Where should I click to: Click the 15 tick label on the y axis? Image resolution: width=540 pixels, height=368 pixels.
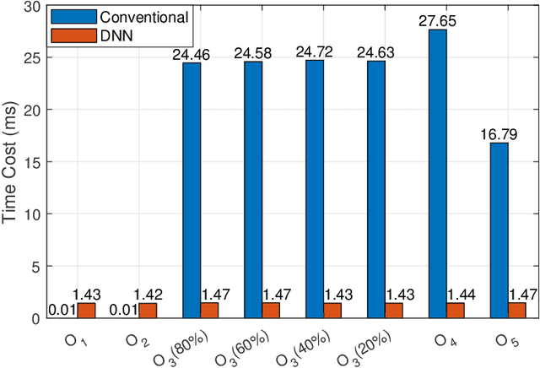[x=32, y=162]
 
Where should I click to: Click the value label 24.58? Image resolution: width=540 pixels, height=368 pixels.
[x=252, y=54]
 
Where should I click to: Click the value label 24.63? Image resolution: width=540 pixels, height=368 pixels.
[x=375, y=53]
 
